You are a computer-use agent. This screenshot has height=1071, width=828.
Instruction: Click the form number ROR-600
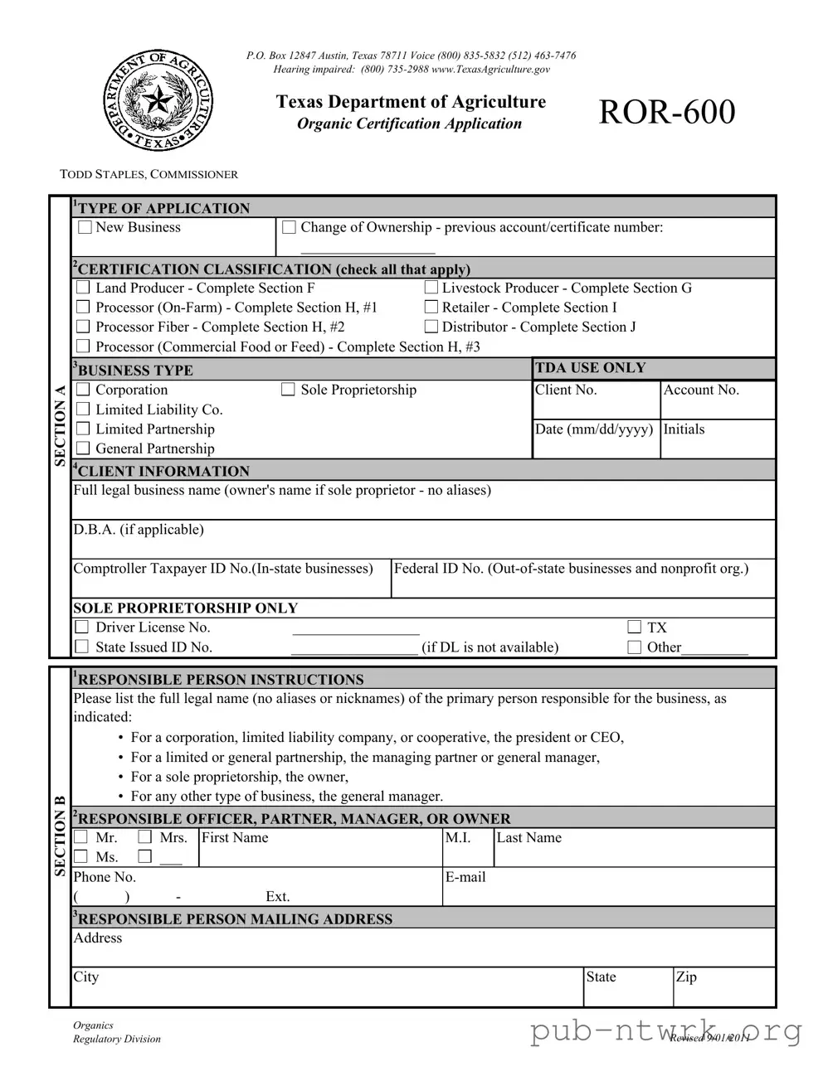coord(666,112)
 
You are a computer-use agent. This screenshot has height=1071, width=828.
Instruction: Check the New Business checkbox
coord(85,227)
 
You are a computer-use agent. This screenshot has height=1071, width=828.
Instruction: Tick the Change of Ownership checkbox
coord(289,227)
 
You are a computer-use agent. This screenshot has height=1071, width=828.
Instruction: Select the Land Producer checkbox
coord(83,288)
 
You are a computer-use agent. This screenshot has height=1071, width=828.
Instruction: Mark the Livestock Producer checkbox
coord(431,288)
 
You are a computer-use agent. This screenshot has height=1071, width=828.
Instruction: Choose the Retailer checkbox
coord(431,308)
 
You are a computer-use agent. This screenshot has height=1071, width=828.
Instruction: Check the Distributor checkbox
coord(431,327)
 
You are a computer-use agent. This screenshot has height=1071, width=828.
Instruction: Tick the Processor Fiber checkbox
coord(83,327)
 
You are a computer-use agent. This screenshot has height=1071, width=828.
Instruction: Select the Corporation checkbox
coord(83,390)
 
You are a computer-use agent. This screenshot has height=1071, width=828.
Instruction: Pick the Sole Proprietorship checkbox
coord(288,390)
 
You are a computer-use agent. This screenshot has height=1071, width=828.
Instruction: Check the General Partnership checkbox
coord(83,448)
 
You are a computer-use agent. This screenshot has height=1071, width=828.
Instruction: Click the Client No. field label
coord(566,390)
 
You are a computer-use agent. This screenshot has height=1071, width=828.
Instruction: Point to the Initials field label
coord(684,429)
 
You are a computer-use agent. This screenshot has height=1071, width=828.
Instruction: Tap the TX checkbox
coord(635,628)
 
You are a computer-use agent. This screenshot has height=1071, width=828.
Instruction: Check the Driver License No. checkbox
coord(82,628)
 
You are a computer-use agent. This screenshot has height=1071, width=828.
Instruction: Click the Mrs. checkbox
coord(145,837)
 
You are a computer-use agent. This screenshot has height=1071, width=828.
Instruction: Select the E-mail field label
coord(465,877)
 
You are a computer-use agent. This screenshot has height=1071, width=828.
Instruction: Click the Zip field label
coord(686,976)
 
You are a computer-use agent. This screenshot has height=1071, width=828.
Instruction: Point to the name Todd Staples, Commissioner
coord(149,174)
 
